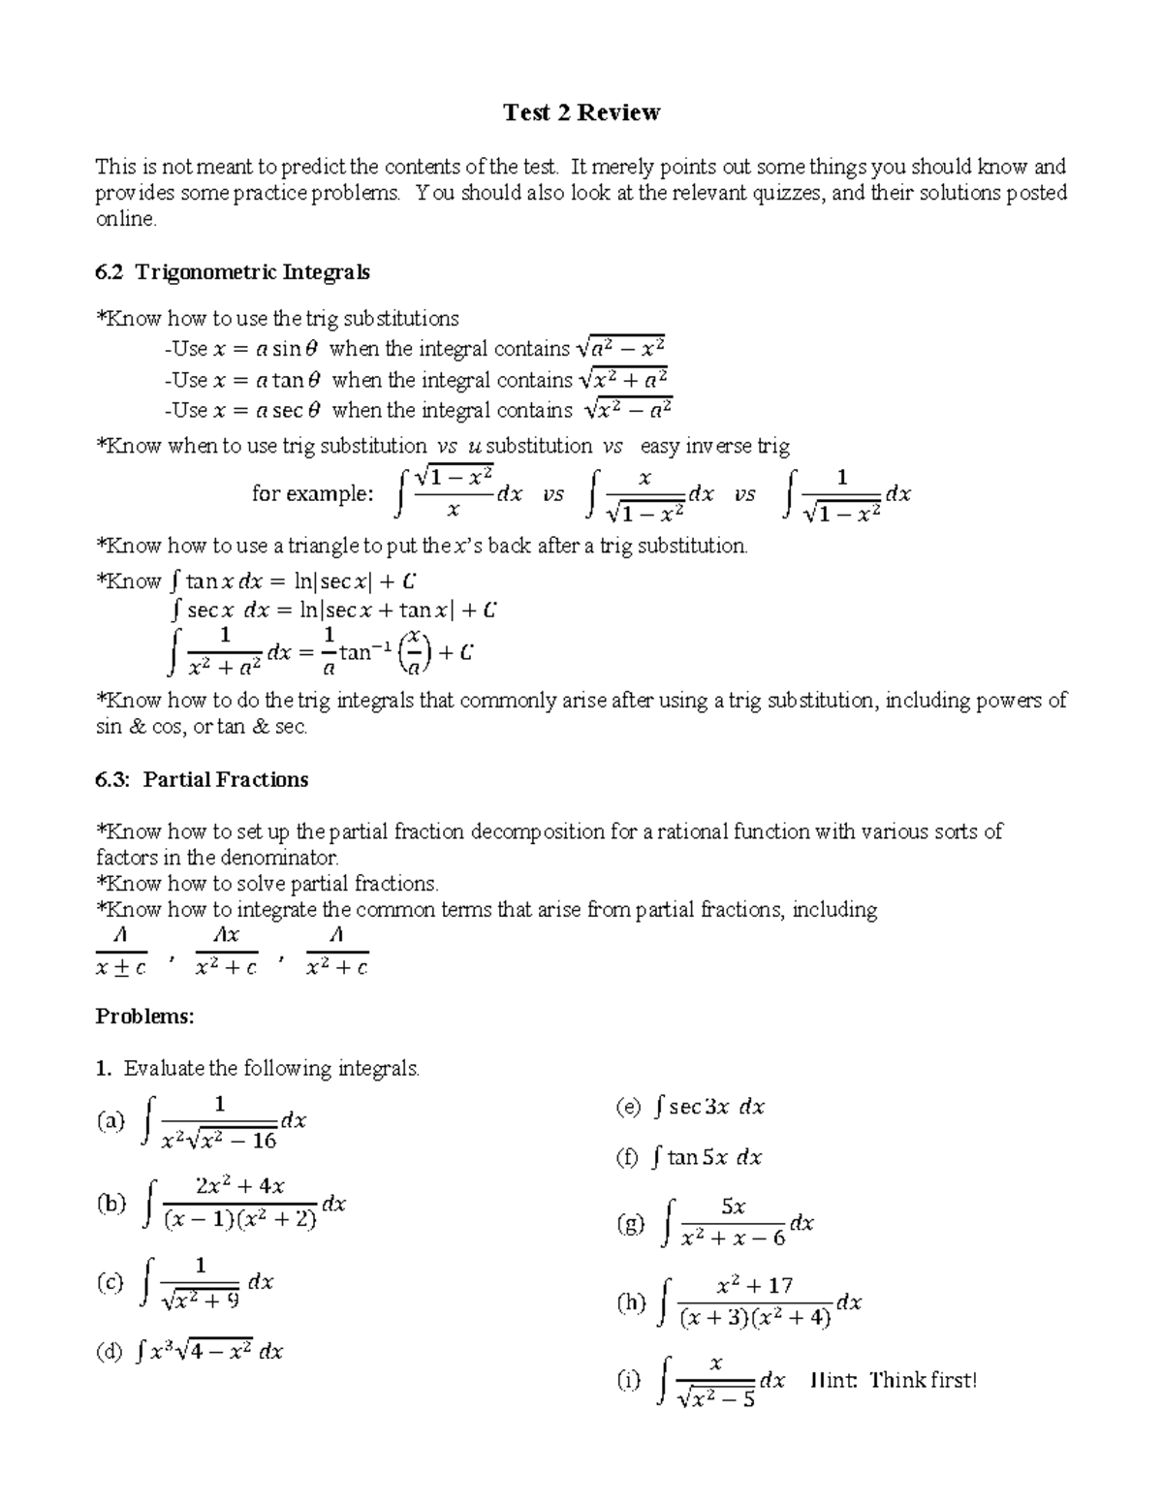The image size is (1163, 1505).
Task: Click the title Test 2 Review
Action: [x=581, y=113]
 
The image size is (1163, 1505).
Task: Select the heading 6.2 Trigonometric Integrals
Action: [x=233, y=272]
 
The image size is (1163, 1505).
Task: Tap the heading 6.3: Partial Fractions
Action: [x=202, y=780]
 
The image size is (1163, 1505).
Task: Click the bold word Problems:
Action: [x=144, y=1017]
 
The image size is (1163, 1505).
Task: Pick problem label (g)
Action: [x=630, y=1224]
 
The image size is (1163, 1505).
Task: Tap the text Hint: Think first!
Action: [x=893, y=1380]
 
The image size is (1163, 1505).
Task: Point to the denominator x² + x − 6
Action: [x=733, y=1238]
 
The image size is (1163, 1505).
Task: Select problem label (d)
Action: [x=109, y=1351]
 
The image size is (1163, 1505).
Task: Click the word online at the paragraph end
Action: [x=125, y=219]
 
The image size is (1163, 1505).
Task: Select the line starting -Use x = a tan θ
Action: [x=417, y=380]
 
